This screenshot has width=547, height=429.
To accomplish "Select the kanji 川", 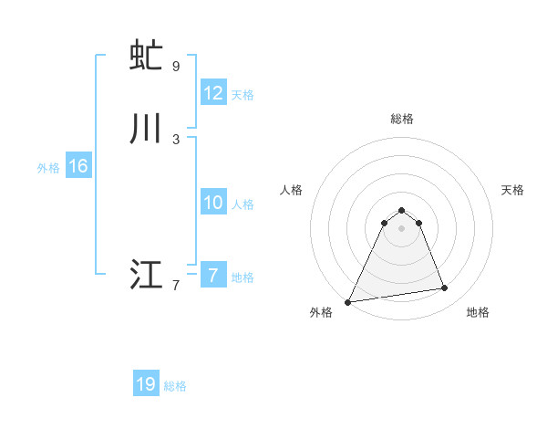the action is click(147, 128).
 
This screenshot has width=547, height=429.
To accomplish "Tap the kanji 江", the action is click(147, 274).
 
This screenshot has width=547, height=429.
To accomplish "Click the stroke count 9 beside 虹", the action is click(176, 67).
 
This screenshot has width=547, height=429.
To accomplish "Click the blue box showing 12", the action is click(213, 93).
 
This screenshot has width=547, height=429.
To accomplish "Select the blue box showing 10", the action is click(213, 203).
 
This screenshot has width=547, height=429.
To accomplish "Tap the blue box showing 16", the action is click(78, 166).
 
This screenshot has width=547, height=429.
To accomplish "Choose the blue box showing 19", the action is click(146, 384).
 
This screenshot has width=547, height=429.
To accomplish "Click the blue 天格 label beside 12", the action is click(243, 95).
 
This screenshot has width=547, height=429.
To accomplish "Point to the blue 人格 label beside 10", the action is click(243, 204).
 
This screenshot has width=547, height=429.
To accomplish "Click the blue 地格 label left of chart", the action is click(243, 277).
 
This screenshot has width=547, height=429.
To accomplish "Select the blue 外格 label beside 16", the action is click(48, 168).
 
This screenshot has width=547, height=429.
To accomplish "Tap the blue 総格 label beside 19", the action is click(175, 386).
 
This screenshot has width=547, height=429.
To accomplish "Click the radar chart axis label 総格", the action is click(402, 119).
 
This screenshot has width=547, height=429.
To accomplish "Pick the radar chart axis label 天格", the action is click(513, 190).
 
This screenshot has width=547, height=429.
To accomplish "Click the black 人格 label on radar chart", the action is click(291, 190).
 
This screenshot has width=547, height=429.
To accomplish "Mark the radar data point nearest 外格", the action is click(347, 301).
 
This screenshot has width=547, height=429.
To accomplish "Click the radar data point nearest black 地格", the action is click(445, 288).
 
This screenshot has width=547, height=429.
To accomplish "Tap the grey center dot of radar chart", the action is click(401, 228).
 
